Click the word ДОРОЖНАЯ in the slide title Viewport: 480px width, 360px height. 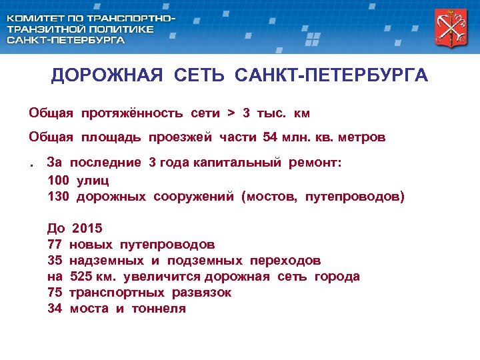click(x=107, y=75)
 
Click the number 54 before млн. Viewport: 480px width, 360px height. click(x=270, y=137)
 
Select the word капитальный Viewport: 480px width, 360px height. click(x=239, y=162)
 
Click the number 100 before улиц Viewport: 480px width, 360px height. click(x=59, y=180)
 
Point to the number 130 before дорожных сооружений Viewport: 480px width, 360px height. click(x=59, y=197)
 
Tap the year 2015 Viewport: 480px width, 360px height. click(x=87, y=229)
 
